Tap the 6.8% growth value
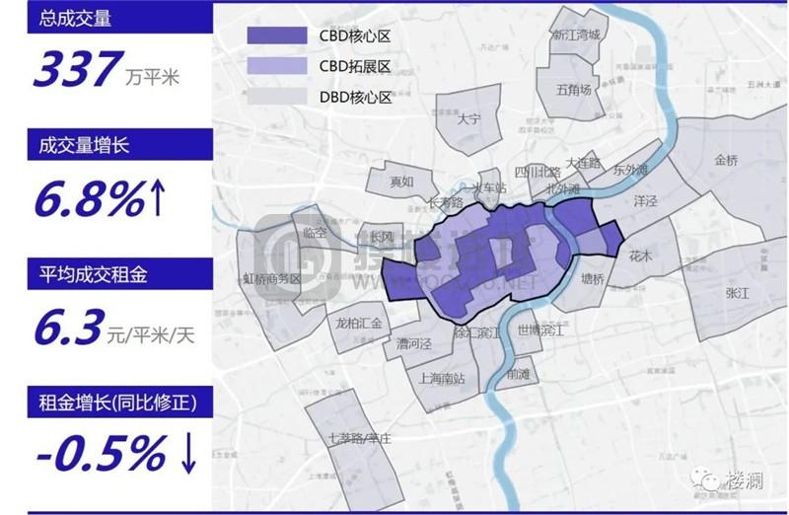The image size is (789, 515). pyautogui.click(x=89, y=200)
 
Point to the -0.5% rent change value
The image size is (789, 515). pyautogui.click(x=100, y=454)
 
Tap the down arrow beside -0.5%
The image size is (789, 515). pyautogui.click(x=188, y=454)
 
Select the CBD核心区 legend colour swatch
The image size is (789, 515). pyautogui.click(x=278, y=36)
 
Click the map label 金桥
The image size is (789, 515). pyautogui.click(x=726, y=160)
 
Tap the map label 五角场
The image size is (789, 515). pyautogui.click(x=573, y=90)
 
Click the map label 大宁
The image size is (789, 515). pyautogui.click(x=469, y=119)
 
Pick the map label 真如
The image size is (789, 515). pyautogui.click(x=401, y=182)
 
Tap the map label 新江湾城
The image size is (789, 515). pyautogui.click(x=575, y=36)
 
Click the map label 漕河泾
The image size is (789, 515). pyautogui.click(x=414, y=344)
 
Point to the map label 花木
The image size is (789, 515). pyautogui.click(x=641, y=255)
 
